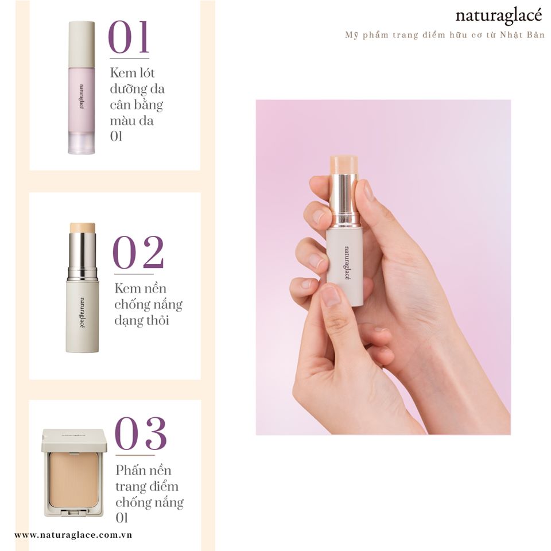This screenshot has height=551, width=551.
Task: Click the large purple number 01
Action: pyautogui.click(x=129, y=37)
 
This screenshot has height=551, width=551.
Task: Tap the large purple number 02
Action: pyautogui.click(x=138, y=253)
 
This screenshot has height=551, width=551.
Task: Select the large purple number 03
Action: pyautogui.click(x=141, y=434)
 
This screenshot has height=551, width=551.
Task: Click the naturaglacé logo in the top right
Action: pyautogui.click(x=499, y=15)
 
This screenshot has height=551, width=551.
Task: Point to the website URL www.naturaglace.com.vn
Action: pyautogui.click(x=73, y=535)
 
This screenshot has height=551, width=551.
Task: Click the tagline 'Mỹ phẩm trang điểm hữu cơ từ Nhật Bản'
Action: pyautogui.click(x=444, y=35)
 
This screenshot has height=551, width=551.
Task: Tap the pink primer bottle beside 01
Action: pyautogui.click(x=82, y=87)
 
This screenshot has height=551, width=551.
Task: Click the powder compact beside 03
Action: pyautogui.click(x=74, y=472)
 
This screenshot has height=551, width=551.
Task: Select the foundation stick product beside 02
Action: pyautogui.click(x=82, y=288)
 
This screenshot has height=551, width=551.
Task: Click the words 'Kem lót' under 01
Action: pyautogui.click(x=132, y=73)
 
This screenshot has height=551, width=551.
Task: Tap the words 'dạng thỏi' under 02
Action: pyautogui.click(x=142, y=320)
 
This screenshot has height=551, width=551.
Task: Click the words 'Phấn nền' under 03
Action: pyautogui.click(x=143, y=470)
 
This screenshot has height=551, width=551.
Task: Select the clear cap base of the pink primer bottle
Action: pyautogui.click(x=82, y=143)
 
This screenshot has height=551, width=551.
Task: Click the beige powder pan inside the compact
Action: pyautogui.click(x=74, y=480)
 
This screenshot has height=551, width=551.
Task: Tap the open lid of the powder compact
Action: pyautogui.click(x=74, y=440)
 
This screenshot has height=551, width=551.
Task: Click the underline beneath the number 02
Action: pyautogui.click(x=134, y=274)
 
